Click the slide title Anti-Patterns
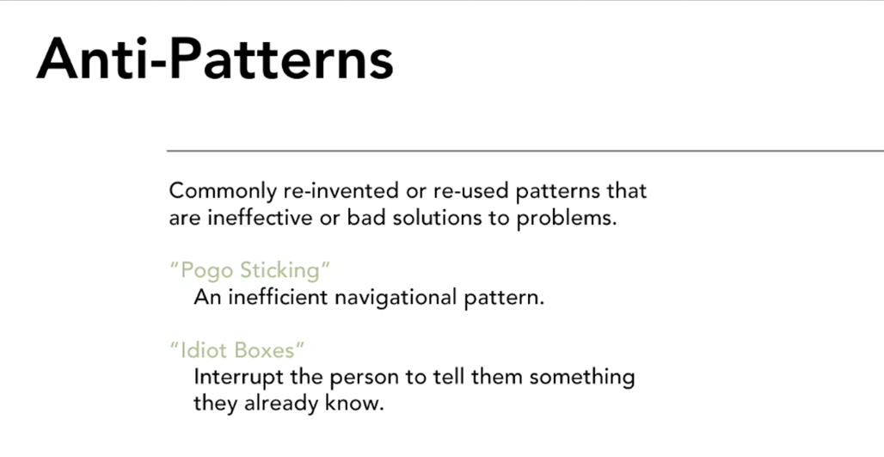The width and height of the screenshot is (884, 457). point(215,59)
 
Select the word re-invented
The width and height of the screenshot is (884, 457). point(341,191)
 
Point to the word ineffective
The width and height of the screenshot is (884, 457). point(260,217)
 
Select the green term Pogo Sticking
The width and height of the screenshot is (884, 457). point(249,270)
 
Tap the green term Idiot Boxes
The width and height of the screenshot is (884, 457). point(236,350)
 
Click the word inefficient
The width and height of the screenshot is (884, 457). point(278,297)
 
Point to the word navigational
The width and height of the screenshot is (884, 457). point(396,298)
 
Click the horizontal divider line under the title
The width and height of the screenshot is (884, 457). point(525,151)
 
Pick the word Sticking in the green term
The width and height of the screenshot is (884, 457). point(285,270)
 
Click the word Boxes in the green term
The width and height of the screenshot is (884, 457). point(268,350)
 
